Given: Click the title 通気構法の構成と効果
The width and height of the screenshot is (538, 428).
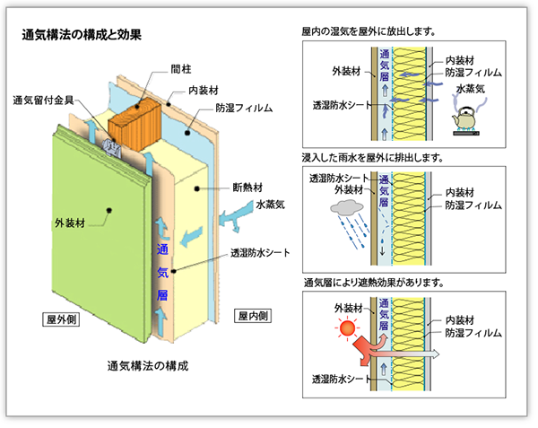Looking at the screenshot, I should coord(82,37).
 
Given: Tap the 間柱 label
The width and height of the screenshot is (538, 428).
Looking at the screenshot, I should coord(180,68).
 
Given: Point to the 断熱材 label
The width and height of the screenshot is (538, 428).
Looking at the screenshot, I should coord(247,188).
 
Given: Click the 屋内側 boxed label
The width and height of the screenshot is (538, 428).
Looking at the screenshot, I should coord(252,315).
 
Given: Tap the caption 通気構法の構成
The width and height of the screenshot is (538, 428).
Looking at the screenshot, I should coord(148,365).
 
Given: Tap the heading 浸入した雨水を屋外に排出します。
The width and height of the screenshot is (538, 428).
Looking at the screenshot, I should coord(375,158).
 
